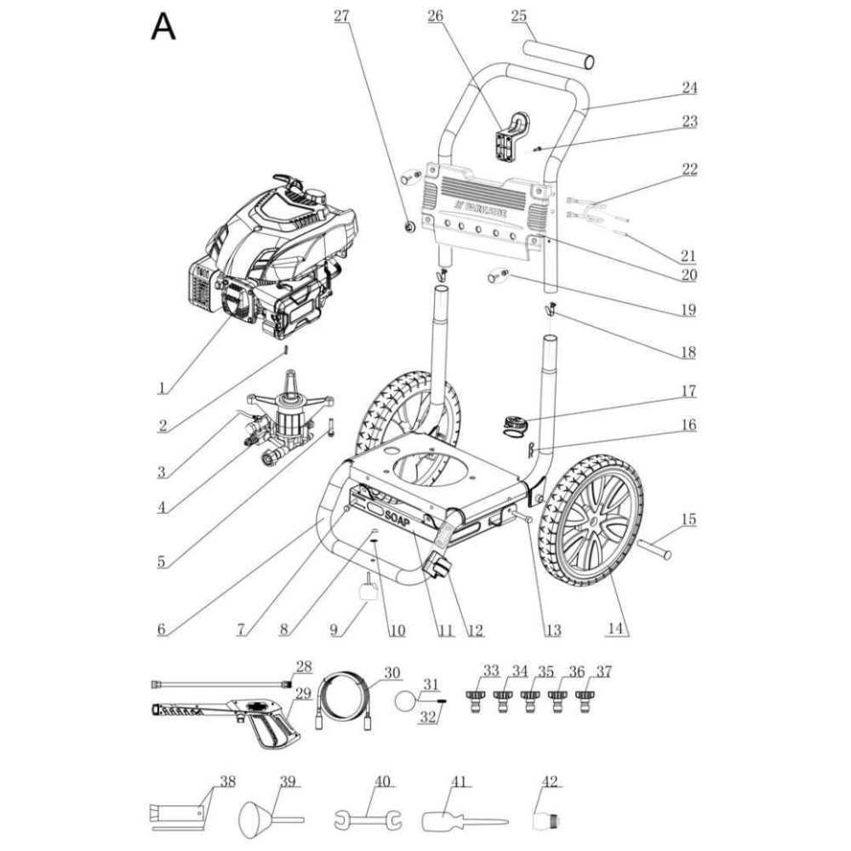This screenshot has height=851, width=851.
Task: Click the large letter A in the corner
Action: [x=163, y=26]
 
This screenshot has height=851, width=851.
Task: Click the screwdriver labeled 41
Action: [x=460, y=822]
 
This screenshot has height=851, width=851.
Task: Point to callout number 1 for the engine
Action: [x=161, y=388]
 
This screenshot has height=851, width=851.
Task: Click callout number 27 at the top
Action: [x=341, y=15]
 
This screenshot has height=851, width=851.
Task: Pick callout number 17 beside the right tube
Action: [x=688, y=391]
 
